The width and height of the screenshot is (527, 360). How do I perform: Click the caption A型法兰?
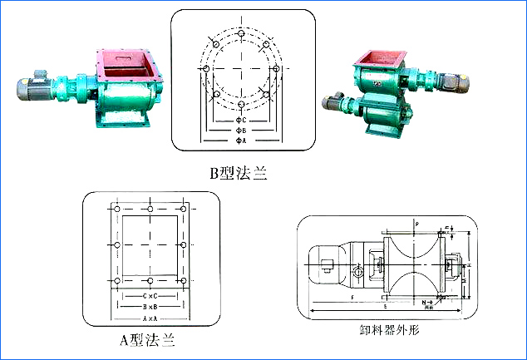click(x=147, y=339)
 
